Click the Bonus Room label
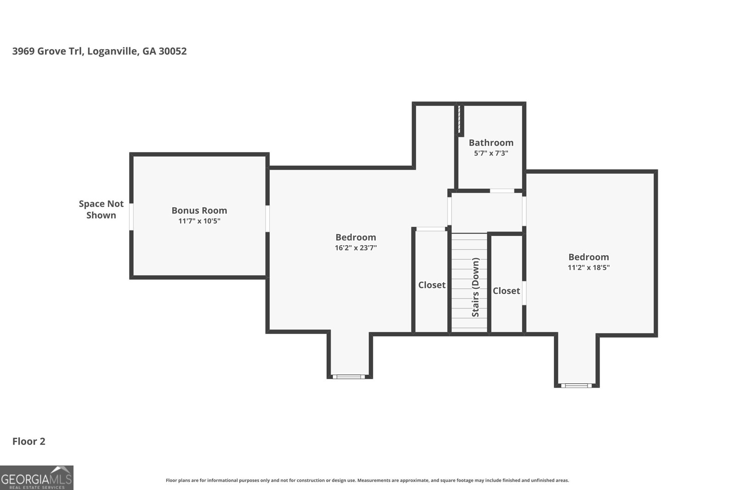[199, 210]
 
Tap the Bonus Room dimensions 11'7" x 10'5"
[199, 221]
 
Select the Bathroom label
[491, 143]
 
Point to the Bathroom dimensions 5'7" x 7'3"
[491, 153]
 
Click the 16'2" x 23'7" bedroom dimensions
[356, 248]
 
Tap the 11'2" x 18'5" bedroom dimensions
[588, 267]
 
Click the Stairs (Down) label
[475, 287]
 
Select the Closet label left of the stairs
[432, 285]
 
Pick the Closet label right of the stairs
[506, 291]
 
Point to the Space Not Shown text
[101, 209]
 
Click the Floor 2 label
[29, 441]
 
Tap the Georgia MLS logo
[36, 478]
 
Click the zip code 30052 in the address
[173, 51]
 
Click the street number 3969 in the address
[23, 51]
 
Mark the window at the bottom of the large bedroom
[349, 377]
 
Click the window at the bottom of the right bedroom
[576, 385]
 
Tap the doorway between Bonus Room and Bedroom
[267, 219]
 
